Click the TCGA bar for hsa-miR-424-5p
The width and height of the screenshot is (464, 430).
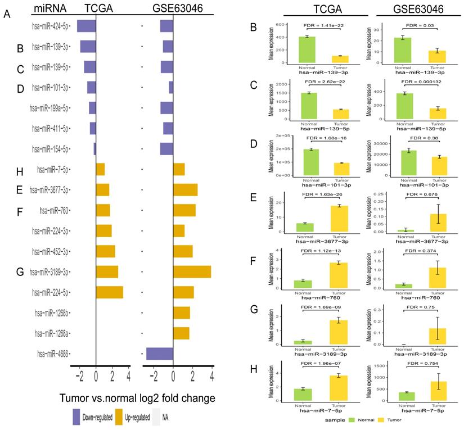(87, 26)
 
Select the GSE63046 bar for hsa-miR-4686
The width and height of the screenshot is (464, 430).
(159, 354)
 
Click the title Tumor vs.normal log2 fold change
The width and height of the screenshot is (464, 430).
(137, 398)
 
